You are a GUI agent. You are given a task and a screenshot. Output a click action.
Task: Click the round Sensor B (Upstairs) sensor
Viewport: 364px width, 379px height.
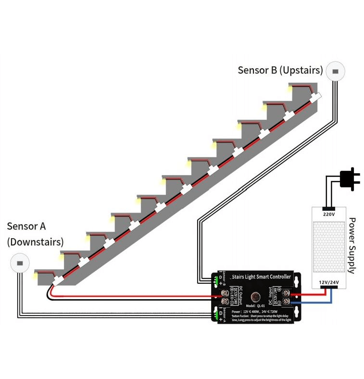click(x=336, y=72)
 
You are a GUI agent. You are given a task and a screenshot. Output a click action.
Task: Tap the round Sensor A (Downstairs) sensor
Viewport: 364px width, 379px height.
click(x=20, y=264)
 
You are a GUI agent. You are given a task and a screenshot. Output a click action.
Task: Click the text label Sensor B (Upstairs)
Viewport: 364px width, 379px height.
click(x=280, y=70)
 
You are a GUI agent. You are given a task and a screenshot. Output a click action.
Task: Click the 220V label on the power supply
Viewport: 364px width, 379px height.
click(x=329, y=214)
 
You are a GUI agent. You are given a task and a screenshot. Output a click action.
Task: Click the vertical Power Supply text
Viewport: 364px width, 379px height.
click(x=351, y=245)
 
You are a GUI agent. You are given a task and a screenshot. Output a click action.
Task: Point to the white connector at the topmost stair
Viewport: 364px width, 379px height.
click(x=315, y=97)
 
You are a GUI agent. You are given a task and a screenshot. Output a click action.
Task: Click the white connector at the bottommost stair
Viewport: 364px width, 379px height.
click(x=59, y=279)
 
